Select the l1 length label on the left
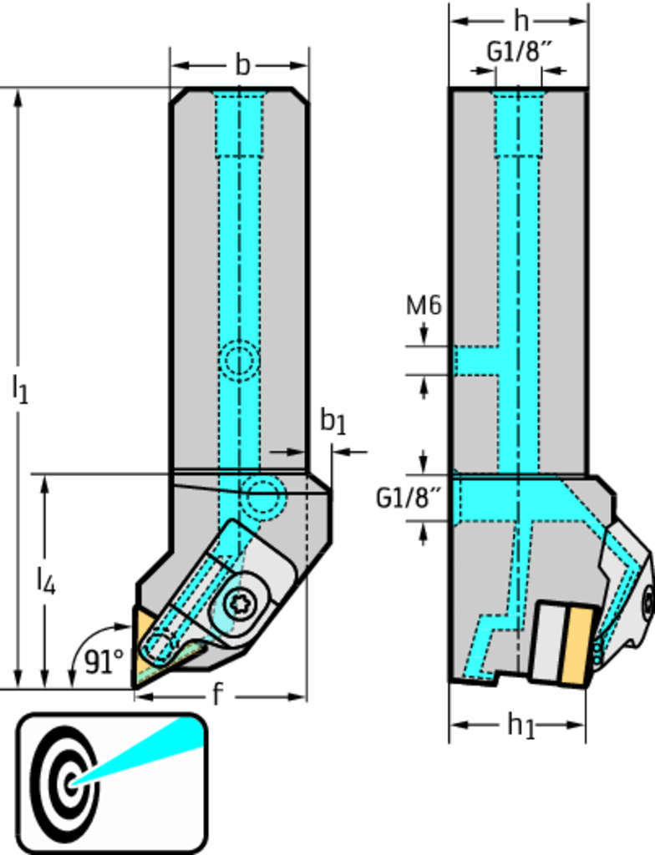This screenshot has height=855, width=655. pyautogui.click(x=20, y=388)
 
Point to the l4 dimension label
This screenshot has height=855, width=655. pyautogui.click(x=45, y=579)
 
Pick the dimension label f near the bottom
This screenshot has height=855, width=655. pyautogui.click(x=218, y=695)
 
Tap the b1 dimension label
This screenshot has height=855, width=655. pyautogui.click(x=333, y=422)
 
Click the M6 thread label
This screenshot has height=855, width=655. pyautogui.click(x=423, y=306)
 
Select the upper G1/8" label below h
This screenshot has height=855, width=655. pyautogui.click(x=520, y=52)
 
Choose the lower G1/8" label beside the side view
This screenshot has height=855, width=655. pyautogui.click(x=408, y=498)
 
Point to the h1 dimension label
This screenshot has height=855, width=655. pyautogui.click(x=521, y=726)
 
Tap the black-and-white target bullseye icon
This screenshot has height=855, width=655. pyautogui.click(x=65, y=782)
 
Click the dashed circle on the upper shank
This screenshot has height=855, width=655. pyautogui.click(x=239, y=362)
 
